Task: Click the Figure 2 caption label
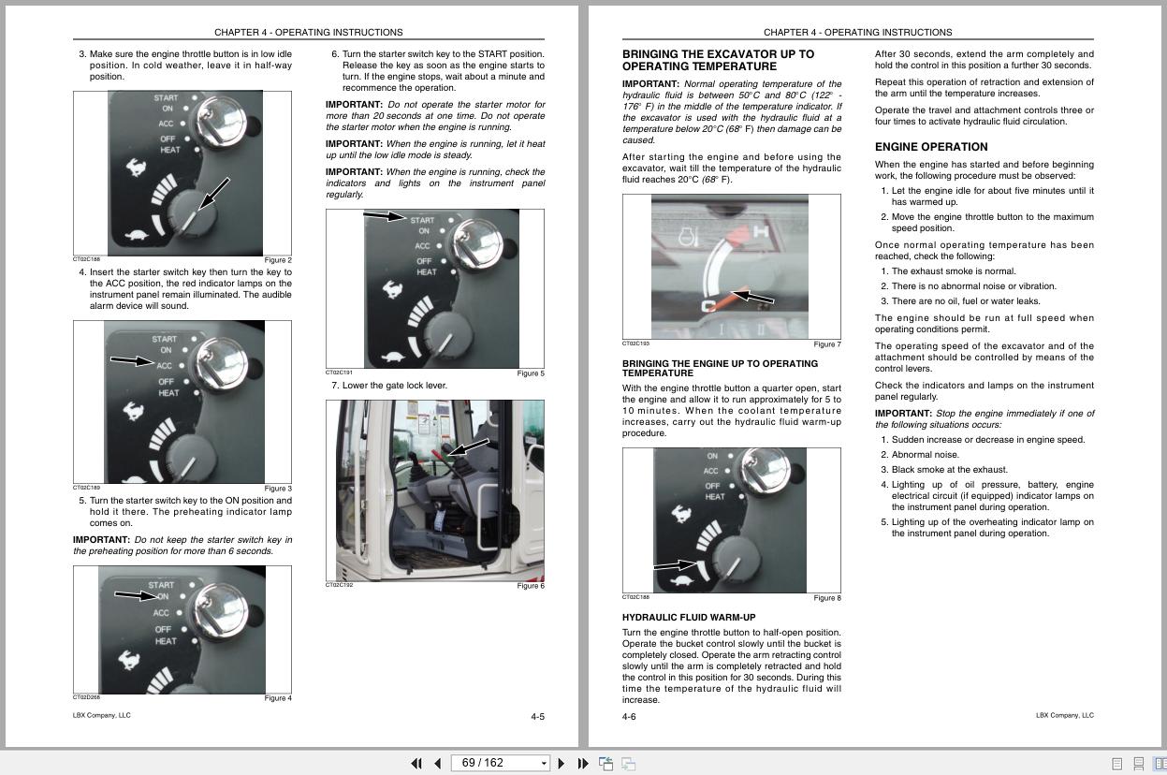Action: pyautogui.click(x=277, y=260)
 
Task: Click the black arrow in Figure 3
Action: pyautogui.click(x=130, y=360)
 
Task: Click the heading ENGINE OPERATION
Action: pyautogui.click(x=930, y=147)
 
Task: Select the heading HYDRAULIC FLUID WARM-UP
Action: pyautogui.click(x=688, y=618)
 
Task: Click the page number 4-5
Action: pyautogui.click(x=537, y=717)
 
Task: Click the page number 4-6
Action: pyautogui.click(x=629, y=717)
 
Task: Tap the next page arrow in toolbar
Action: pyautogui.click(x=561, y=764)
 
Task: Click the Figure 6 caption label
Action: pyautogui.click(x=530, y=587)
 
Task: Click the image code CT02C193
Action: pyautogui.click(x=635, y=344)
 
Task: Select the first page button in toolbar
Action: pyautogui.click(x=416, y=764)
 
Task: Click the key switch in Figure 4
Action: pyautogui.click(x=220, y=609)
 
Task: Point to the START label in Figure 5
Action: pyautogui.click(x=422, y=220)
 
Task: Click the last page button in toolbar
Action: pyautogui.click(x=583, y=764)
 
